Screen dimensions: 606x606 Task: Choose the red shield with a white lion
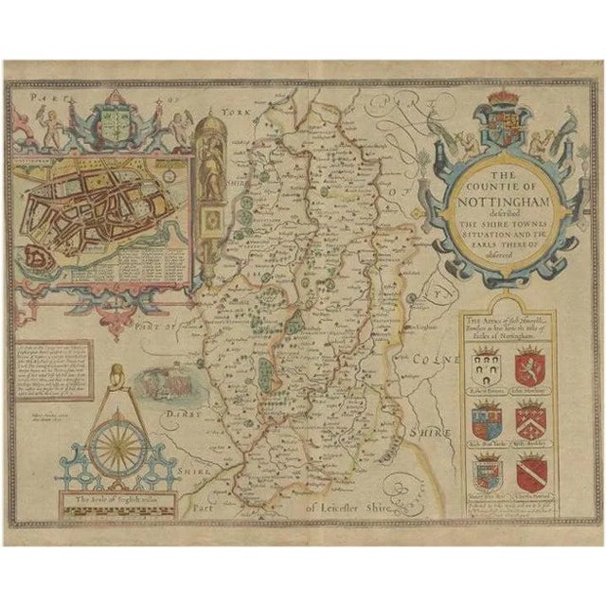pos(528,367)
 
